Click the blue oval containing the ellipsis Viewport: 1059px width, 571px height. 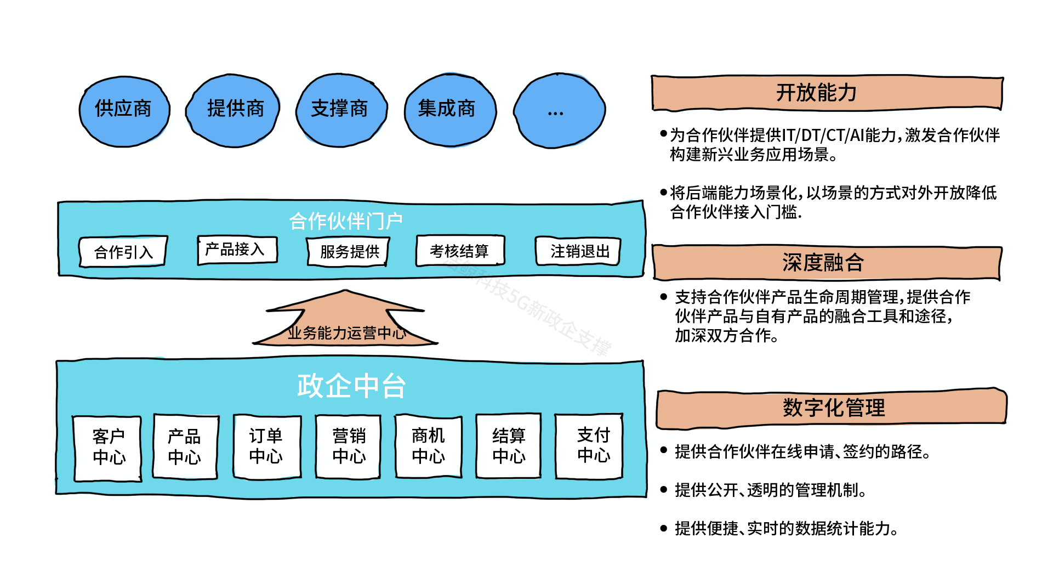click(x=559, y=111)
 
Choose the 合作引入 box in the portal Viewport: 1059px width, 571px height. click(x=123, y=252)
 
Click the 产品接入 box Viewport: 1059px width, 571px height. click(x=237, y=250)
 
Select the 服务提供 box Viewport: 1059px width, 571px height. click(x=349, y=251)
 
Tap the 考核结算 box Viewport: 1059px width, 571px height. click(x=459, y=251)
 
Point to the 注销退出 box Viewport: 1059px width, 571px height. click(x=578, y=251)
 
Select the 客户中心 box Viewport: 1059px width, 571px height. click(x=108, y=448)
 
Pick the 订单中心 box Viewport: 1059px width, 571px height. click(x=266, y=446)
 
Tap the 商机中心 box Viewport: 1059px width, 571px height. click(x=428, y=446)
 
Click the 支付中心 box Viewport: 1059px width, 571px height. click(x=590, y=446)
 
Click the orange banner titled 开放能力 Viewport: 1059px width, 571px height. click(x=827, y=93)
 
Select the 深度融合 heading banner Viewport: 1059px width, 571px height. click(x=827, y=263)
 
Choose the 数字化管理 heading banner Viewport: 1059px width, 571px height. click(x=832, y=408)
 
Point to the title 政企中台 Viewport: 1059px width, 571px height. click(x=351, y=386)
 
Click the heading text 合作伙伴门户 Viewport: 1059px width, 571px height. click(x=346, y=221)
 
